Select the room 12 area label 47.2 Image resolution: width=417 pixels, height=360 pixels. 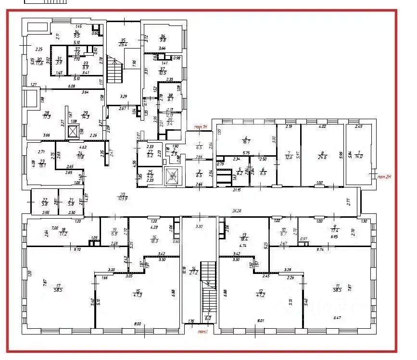point(261,294)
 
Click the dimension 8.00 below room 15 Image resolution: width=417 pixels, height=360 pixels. point(138,324)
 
